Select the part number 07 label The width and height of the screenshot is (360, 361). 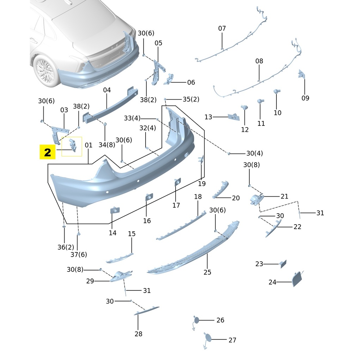222,28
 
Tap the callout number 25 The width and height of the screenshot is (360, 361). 207,272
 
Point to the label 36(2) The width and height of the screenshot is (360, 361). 66,247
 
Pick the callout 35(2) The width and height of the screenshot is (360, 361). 191,99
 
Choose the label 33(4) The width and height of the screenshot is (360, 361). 132,118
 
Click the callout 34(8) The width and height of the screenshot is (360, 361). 106,144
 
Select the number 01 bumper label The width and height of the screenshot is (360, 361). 89,145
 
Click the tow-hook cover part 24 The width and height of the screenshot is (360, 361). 297,278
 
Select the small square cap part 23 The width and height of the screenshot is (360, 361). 283,264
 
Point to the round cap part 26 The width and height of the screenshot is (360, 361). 196,320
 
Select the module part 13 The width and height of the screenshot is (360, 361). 233,117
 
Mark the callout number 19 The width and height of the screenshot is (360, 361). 202,183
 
